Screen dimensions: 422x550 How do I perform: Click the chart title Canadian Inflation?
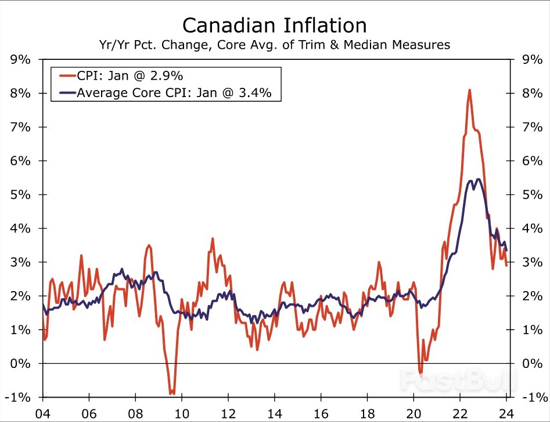[x=275, y=25]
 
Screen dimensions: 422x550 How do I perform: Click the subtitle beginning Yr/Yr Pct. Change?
[x=275, y=45]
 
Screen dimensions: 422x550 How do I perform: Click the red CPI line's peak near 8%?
[x=469, y=90]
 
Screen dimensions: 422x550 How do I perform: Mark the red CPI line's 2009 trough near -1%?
[x=172, y=394]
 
